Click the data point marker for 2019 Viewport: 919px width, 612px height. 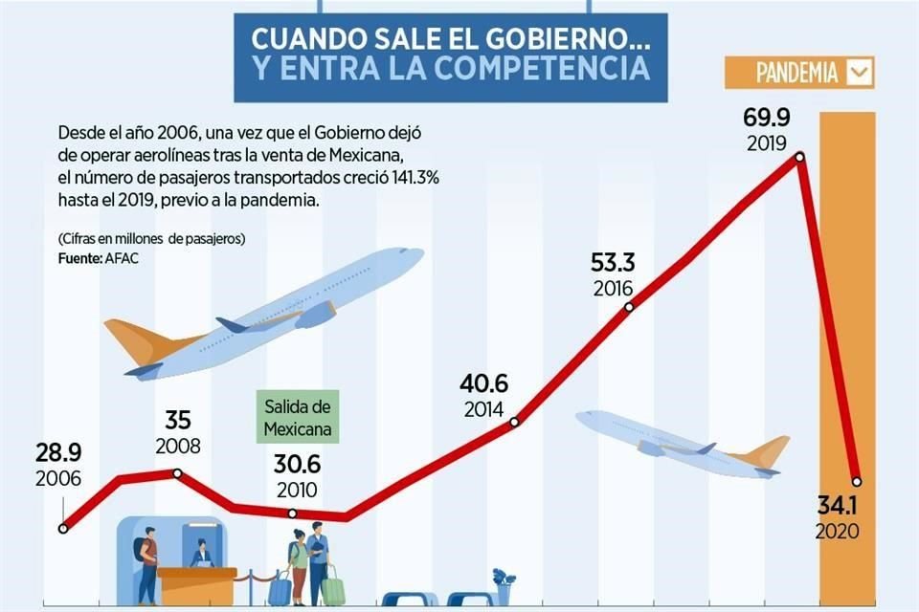click(x=799, y=157)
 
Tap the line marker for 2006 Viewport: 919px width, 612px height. click(x=63, y=527)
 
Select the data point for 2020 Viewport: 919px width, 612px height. click(x=857, y=481)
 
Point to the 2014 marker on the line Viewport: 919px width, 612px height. click(x=515, y=422)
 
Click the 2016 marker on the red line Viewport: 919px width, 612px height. click(x=629, y=307)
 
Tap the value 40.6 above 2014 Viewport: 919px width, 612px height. click(x=483, y=384)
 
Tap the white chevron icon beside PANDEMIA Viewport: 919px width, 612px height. click(x=859, y=73)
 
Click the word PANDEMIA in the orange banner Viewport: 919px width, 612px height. click(x=796, y=73)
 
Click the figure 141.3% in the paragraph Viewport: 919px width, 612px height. click(x=407, y=179)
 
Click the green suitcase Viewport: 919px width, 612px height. click(x=332, y=587)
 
